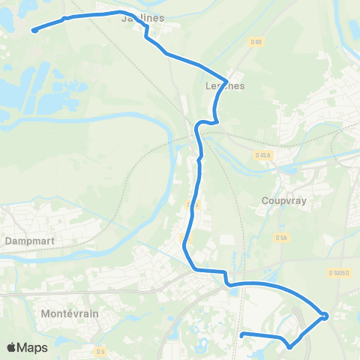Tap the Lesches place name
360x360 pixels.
(224, 87)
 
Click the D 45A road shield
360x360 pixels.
(262, 155)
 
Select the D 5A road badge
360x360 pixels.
(281, 238)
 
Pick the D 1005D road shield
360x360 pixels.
(338, 273)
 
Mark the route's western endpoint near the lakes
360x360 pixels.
(34, 31)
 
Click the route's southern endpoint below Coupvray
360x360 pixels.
(241, 335)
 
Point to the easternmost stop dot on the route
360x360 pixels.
(325, 316)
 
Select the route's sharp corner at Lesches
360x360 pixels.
(226, 80)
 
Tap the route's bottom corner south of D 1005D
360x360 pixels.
(289, 346)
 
